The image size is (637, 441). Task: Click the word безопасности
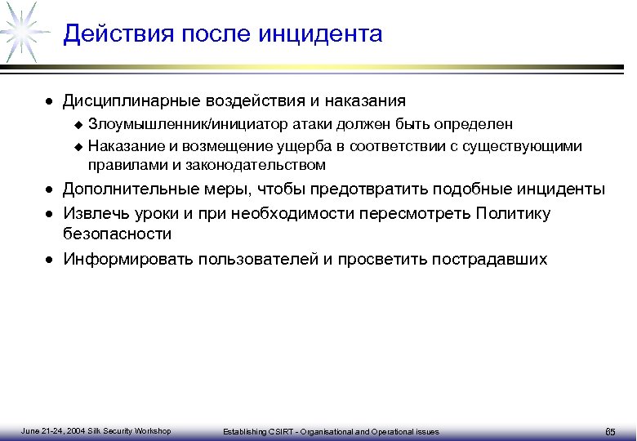[x=117, y=234]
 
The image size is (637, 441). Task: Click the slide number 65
[x=609, y=431]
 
